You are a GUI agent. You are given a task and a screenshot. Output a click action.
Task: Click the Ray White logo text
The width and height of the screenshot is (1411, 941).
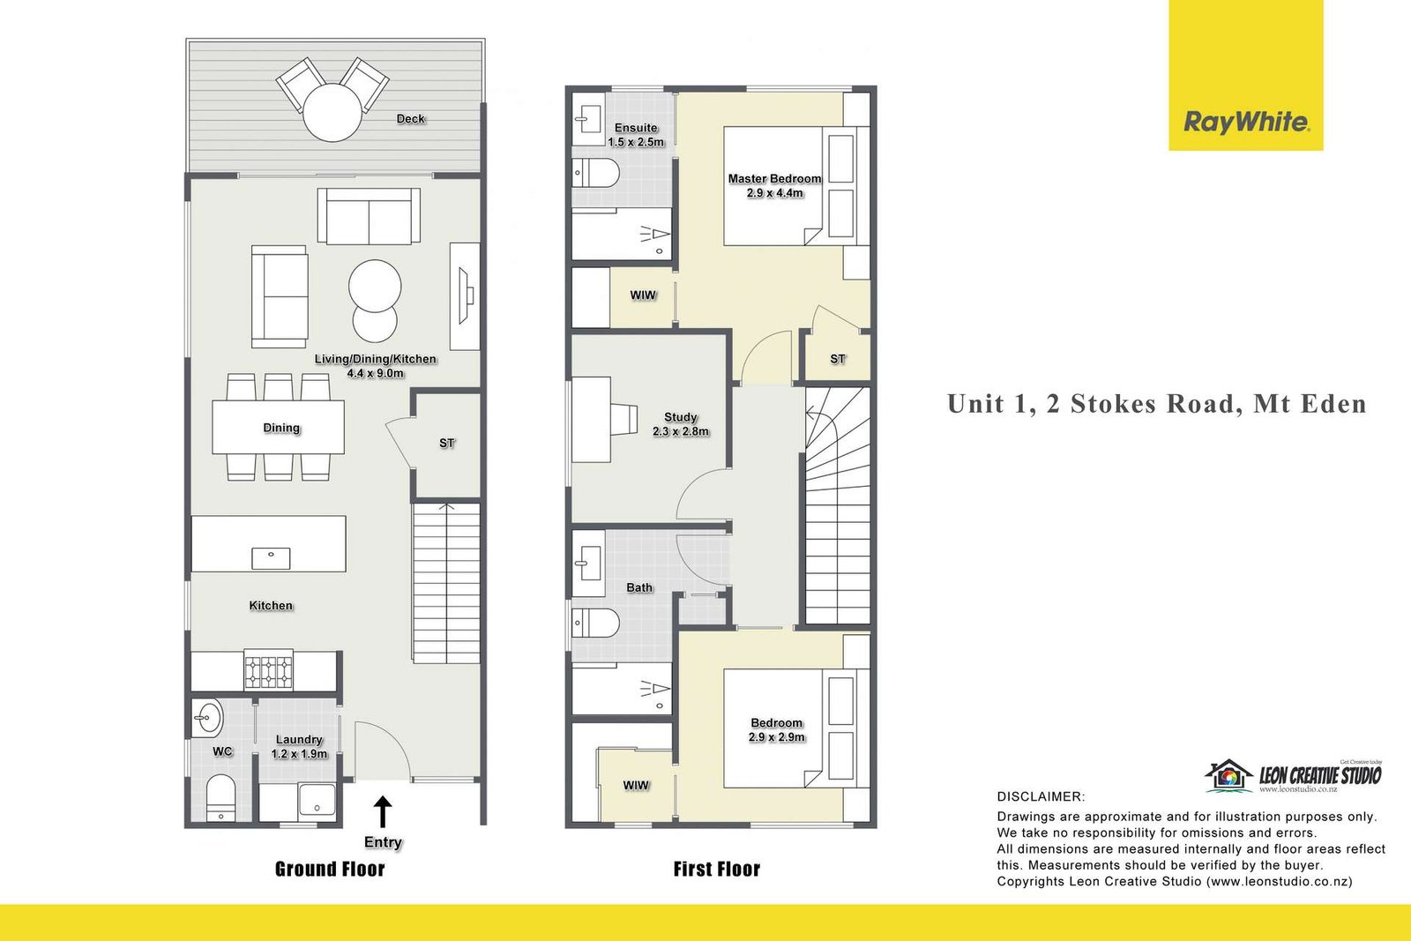coord(1247,122)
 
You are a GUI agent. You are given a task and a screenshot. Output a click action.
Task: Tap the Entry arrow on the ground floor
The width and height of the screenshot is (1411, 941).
coord(383,811)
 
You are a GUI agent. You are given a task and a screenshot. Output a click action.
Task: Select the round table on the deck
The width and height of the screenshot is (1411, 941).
coord(332,113)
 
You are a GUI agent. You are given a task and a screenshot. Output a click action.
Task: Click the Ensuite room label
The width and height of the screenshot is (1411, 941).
coord(636,128)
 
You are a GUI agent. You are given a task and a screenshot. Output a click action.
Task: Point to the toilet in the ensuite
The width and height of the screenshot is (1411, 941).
coord(596,173)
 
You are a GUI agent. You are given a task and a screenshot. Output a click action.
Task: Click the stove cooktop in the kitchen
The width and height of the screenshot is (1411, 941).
coord(268,671)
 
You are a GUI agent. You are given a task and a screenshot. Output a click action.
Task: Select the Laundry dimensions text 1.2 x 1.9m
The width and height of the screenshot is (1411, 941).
coord(299,754)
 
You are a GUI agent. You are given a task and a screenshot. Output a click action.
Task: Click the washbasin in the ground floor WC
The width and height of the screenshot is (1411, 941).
coord(207,717)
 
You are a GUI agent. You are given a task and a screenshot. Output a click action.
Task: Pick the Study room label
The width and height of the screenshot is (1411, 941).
coord(680,417)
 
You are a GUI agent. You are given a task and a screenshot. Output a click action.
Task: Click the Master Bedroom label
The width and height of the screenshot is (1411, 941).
coord(774,179)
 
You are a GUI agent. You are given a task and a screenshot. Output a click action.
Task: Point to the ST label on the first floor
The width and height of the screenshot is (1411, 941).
coord(837,359)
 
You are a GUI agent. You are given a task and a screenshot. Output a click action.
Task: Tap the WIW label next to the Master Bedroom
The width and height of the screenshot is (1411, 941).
coord(643,295)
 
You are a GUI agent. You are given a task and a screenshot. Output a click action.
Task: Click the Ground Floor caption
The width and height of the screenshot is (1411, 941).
coord(330,870)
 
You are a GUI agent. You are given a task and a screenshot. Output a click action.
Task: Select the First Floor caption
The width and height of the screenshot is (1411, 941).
coord(716,870)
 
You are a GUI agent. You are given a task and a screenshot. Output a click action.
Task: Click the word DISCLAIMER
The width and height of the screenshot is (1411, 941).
coord(1041,796)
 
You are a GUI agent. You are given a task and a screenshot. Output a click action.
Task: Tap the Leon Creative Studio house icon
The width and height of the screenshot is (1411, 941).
coord(1228,775)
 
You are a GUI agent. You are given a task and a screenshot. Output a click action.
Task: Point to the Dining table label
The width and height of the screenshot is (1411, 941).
coord(281,429)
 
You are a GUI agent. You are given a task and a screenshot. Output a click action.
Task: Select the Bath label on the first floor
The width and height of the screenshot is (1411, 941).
coord(639,587)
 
